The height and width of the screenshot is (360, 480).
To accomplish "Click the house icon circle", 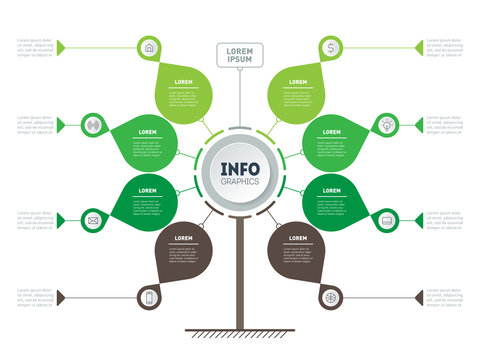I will [149, 46].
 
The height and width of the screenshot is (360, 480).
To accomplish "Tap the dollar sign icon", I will [331, 46].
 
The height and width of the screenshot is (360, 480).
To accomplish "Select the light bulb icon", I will [386, 125].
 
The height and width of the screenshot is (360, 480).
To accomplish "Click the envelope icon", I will [93, 219].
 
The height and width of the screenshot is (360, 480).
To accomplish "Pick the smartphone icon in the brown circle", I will [149, 297].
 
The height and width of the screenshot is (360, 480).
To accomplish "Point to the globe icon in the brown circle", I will [331, 297].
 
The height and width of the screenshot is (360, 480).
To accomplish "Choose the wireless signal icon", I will [93, 125].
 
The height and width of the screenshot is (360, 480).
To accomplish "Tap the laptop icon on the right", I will [386, 219].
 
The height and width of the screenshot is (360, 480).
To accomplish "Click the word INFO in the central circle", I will [240, 168].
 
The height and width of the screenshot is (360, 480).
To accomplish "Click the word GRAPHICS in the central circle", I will [240, 182].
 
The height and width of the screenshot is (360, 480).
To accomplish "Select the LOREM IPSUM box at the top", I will [240, 54].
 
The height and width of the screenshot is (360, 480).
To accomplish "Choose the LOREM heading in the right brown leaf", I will [297, 238].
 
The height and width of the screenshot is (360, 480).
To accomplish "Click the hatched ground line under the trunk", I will [240, 332].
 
